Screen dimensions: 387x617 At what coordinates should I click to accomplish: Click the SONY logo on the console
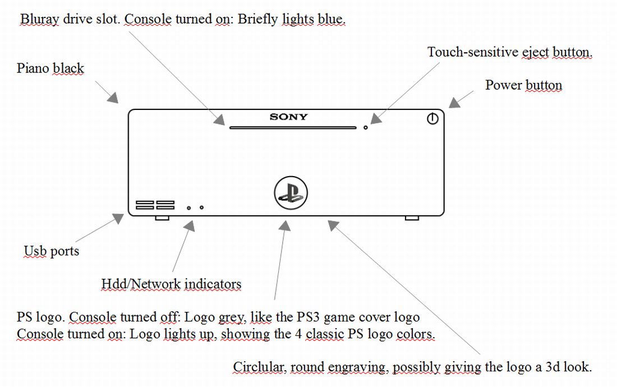coord(288,117)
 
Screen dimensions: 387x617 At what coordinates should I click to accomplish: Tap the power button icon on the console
coord(432,119)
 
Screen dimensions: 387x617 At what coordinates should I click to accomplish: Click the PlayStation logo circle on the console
coord(291,193)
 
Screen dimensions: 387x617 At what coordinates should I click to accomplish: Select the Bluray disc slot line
coord(292,128)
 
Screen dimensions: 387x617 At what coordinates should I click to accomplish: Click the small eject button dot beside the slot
coord(366,128)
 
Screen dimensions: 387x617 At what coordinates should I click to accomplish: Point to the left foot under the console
coord(162,218)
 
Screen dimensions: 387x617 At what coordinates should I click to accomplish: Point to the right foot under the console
coord(412,218)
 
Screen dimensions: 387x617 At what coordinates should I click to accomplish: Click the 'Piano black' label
coord(50,68)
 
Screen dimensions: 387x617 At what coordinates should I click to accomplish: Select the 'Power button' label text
coord(523,85)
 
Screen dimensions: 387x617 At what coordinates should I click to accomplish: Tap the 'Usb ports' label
coord(52,251)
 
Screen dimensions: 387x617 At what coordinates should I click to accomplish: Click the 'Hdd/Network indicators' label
coord(171,284)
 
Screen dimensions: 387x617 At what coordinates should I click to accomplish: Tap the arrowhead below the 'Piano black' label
coord(113,98)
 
